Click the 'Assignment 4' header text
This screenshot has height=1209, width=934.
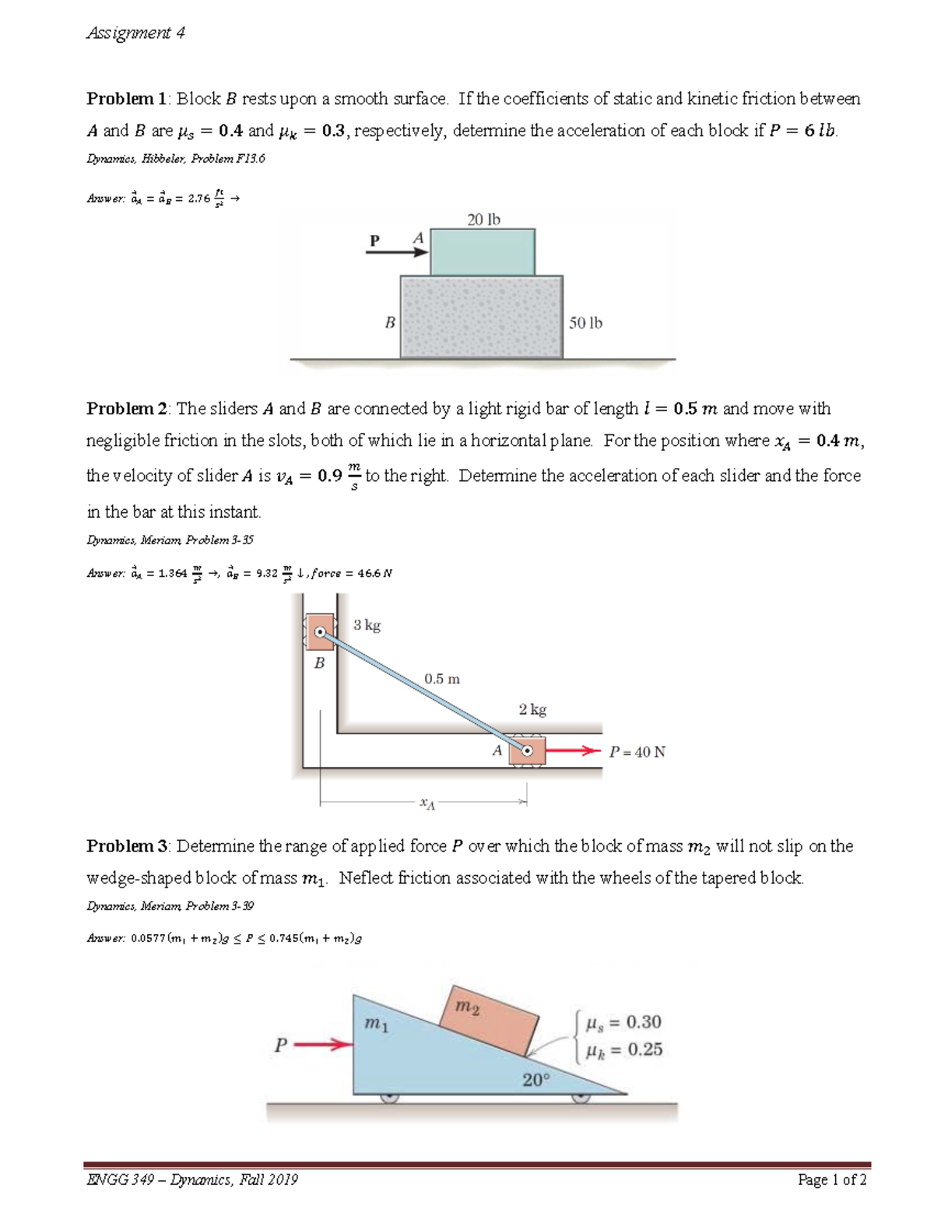tap(135, 33)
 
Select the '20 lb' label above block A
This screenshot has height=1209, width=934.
tap(483, 220)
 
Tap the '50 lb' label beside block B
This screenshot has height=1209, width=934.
tap(585, 322)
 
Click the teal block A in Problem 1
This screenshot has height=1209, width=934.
tap(482, 251)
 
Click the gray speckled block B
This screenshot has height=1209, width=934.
tap(481, 317)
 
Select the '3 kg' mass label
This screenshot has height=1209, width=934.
tap(367, 624)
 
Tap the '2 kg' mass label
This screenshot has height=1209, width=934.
tap(532, 709)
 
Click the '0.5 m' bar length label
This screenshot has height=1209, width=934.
tap(442, 679)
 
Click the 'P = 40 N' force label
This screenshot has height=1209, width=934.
tap(637, 752)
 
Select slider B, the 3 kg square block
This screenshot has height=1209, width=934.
tap(320, 632)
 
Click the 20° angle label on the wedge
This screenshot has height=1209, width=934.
tap(535, 1080)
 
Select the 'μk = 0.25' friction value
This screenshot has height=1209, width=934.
tap(623, 1049)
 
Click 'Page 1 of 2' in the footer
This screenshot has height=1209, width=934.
tap(832, 1179)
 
